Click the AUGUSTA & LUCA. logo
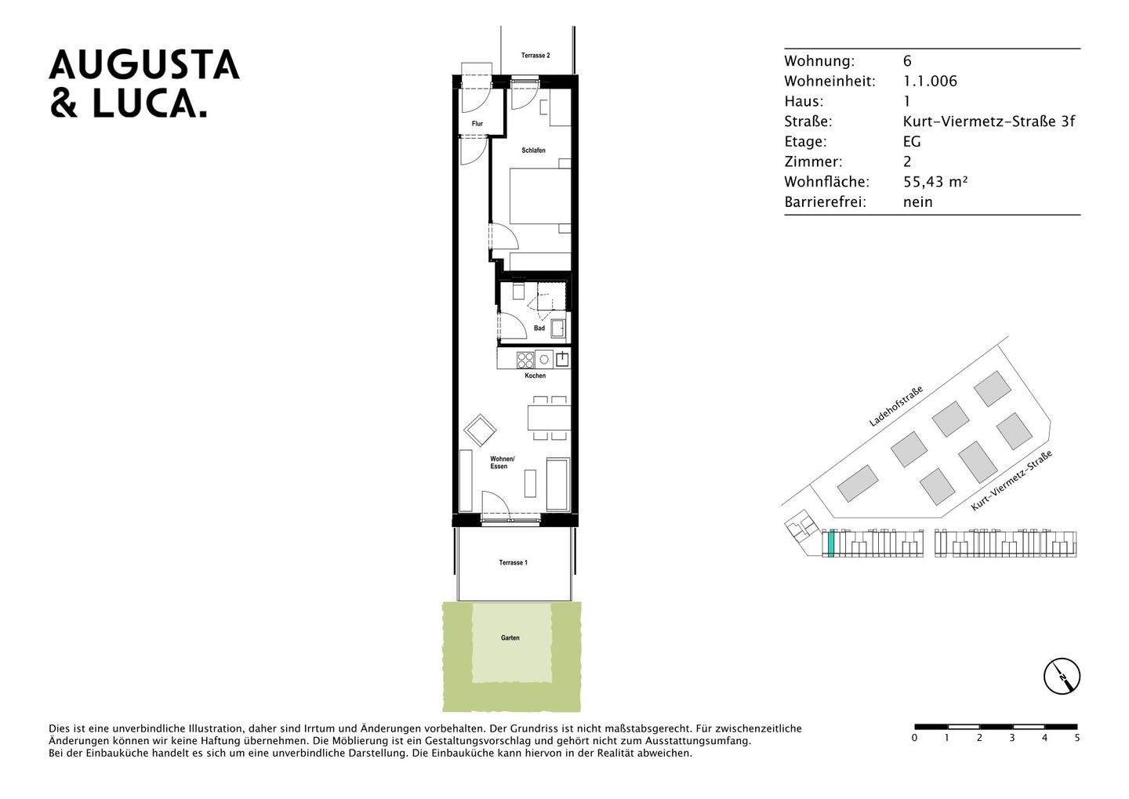[x=144, y=84]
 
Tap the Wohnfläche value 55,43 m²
[x=935, y=182]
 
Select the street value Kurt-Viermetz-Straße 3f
[x=989, y=122]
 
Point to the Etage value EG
[x=912, y=142]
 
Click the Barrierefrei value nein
[x=917, y=202]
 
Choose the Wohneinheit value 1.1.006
[x=930, y=82]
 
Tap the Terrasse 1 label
[x=514, y=563]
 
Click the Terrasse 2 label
[x=535, y=56]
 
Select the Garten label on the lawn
[x=510, y=638]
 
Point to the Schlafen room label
[x=533, y=150]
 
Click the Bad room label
[x=539, y=329]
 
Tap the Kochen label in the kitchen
[x=535, y=376]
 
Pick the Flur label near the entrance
[x=477, y=124]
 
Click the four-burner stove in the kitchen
[x=525, y=360]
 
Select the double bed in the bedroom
[x=539, y=195]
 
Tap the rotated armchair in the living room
[x=479, y=430]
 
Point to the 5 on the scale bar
[x=1076, y=738]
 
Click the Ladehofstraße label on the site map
[x=895, y=406]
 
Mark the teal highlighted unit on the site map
[x=830, y=543]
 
